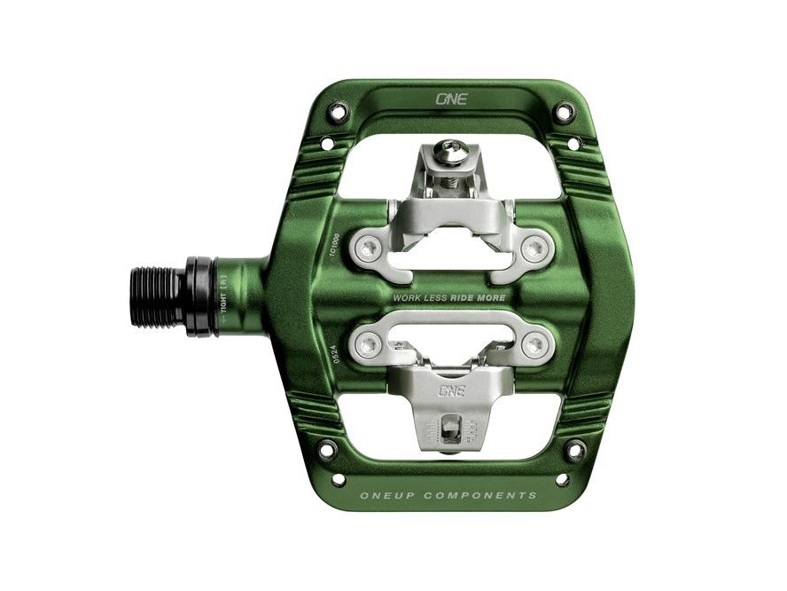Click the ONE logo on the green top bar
point(450,99)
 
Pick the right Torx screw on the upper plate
point(532,248)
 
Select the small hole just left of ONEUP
point(339,480)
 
